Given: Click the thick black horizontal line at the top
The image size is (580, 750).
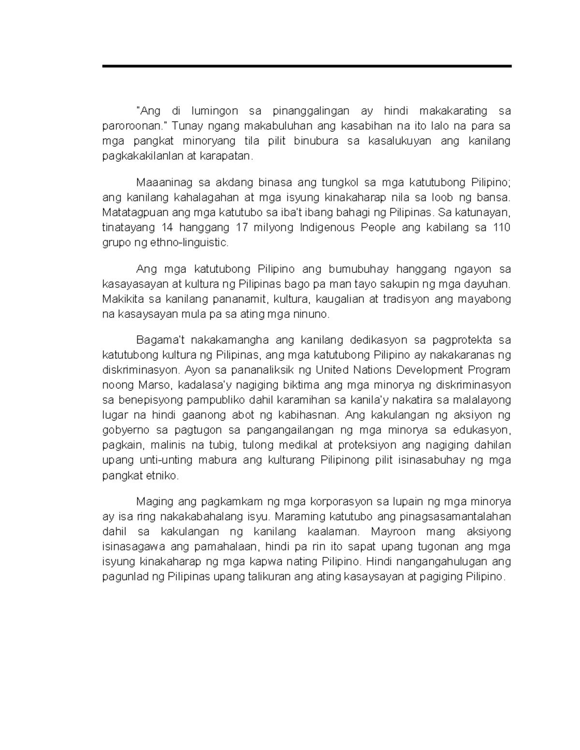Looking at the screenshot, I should pyautogui.click(x=306, y=66).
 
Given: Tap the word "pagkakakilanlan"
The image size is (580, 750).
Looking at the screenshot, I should pyautogui.click(x=135, y=156).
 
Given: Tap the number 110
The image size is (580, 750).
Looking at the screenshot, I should pyautogui.click(x=502, y=227).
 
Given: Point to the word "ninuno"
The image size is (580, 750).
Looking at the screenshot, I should pyautogui.click(x=313, y=314).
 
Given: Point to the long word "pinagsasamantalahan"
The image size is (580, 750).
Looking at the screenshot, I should pyautogui.click(x=455, y=517).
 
